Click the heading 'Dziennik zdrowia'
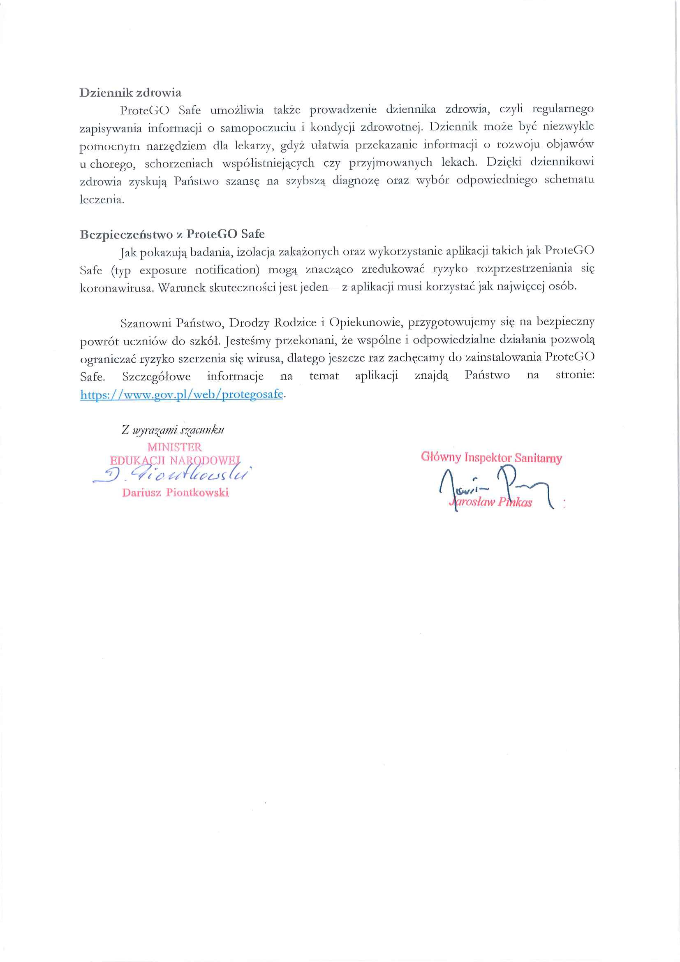[130, 93]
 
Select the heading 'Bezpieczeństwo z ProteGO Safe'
[172, 234]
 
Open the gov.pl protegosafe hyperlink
[182, 394]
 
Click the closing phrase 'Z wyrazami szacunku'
[173, 430]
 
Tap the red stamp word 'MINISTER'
[174, 447]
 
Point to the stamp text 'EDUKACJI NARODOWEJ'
[175, 461]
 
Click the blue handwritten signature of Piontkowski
[172, 475]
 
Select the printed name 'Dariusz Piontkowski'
[176, 493]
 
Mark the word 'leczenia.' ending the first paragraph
[102, 199]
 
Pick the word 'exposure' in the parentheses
[163, 270]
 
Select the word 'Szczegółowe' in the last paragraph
[156, 377]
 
